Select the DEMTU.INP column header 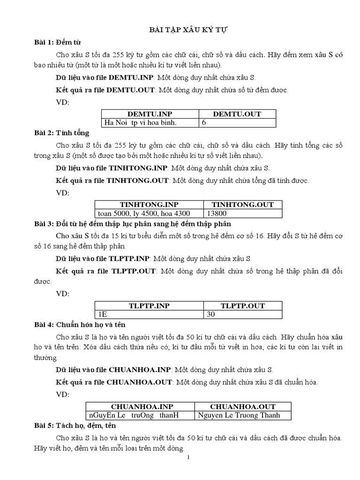point(150,114)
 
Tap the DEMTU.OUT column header point(237,114)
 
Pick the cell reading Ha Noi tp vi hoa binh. point(141,122)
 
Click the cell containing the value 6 point(204,122)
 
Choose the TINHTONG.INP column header point(149,204)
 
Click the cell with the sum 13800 point(220,213)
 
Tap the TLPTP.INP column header point(149,306)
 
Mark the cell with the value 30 point(211,315)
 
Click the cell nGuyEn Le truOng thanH point(134,415)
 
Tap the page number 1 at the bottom point(188,458)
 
